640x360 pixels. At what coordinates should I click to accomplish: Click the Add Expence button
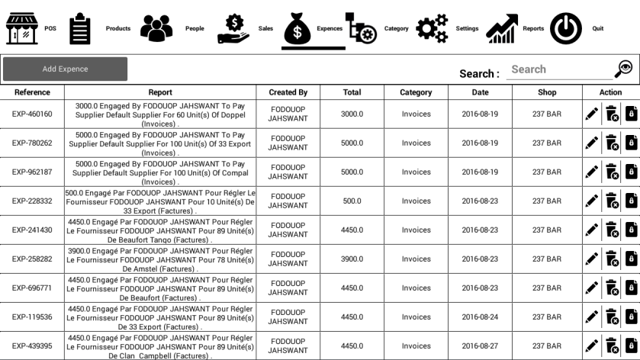click(x=65, y=69)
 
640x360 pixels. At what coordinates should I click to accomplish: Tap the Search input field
click(x=558, y=69)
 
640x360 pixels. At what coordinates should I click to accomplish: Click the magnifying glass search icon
click(x=623, y=69)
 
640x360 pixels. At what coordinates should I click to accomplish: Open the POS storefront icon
click(x=21, y=29)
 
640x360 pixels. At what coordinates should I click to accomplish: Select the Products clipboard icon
click(x=79, y=29)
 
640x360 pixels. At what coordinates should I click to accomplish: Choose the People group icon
click(x=156, y=29)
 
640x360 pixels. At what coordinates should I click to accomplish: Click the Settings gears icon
click(x=432, y=29)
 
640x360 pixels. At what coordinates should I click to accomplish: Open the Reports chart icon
click(x=501, y=29)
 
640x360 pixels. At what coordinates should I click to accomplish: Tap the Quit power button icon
click(x=566, y=29)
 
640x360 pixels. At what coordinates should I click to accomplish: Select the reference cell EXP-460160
click(x=32, y=114)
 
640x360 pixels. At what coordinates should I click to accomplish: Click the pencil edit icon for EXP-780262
click(x=591, y=143)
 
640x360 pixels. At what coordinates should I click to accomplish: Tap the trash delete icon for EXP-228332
click(x=611, y=201)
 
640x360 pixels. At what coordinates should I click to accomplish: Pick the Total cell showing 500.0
click(x=352, y=201)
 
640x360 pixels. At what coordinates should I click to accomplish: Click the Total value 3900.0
click(x=352, y=259)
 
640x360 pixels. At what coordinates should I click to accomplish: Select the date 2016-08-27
click(x=480, y=346)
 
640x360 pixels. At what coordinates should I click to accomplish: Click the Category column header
click(x=416, y=92)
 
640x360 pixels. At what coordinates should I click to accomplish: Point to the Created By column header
click(x=288, y=92)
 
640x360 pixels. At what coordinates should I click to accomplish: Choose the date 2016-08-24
click(x=480, y=317)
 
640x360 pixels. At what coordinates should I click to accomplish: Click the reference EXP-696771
click(x=32, y=288)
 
